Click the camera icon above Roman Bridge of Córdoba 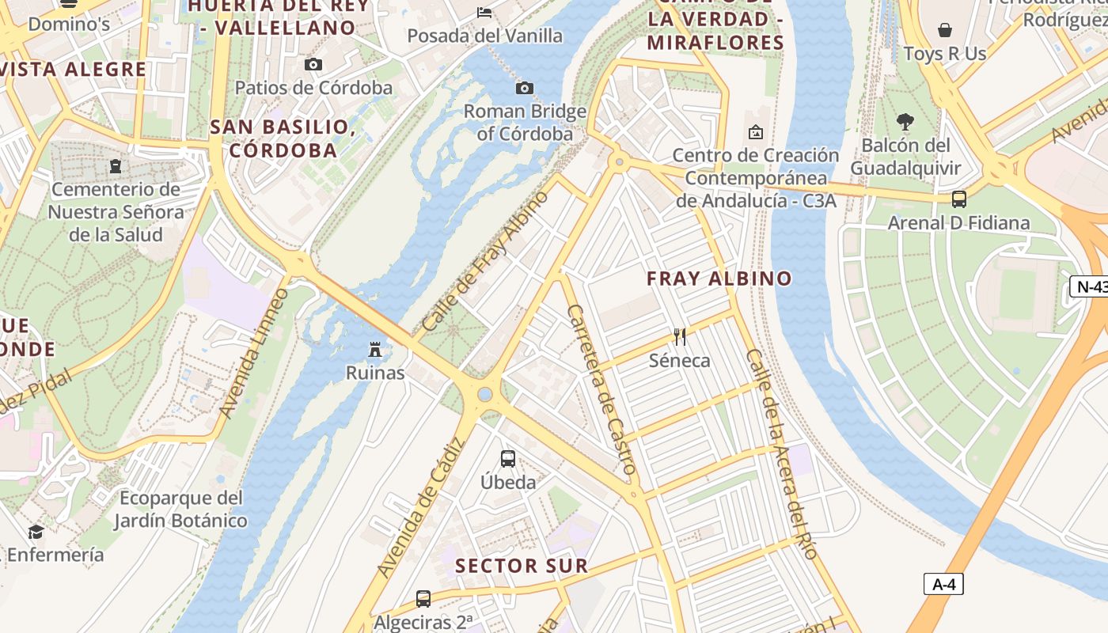[x=524, y=88]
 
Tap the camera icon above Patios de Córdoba [x=313, y=64]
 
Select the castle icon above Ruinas [x=375, y=349]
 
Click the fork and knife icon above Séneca [x=679, y=336]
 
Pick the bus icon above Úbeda [x=508, y=458]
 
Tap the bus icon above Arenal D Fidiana [x=959, y=199]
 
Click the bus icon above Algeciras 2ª [x=423, y=598]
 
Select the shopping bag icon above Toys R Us [x=944, y=30]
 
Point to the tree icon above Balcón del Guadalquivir [x=905, y=122]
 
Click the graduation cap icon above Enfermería [x=36, y=531]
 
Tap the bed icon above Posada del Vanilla [x=484, y=12]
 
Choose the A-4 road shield [x=943, y=585]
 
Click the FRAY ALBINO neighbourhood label [x=719, y=279]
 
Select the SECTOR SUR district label [x=522, y=566]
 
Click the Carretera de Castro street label [x=602, y=389]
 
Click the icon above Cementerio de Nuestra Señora [x=116, y=166]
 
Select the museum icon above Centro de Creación [x=755, y=131]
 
